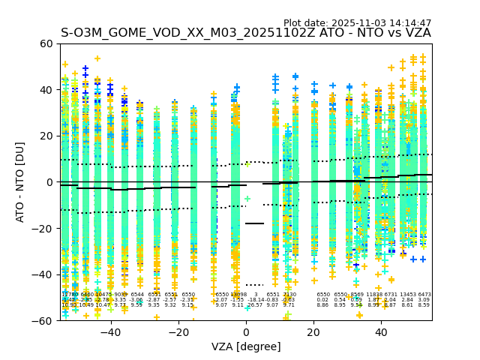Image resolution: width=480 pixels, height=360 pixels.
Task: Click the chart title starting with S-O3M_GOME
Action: pyautogui.click(x=246, y=33)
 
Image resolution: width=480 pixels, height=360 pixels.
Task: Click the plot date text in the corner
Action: pyautogui.click(x=357, y=23)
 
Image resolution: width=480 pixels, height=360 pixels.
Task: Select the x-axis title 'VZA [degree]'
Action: pyautogui.click(x=246, y=346)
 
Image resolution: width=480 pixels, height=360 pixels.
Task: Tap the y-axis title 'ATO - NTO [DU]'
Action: pyautogui.click(x=20, y=182)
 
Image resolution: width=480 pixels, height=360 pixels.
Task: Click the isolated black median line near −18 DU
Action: pyautogui.click(x=255, y=223)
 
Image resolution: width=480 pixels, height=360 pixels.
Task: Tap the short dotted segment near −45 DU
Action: pyautogui.click(x=255, y=285)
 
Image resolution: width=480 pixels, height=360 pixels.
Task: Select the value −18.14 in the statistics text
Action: pyautogui.click(x=256, y=300)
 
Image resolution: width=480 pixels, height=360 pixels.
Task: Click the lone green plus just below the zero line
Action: pyautogui.click(x=247, y=199)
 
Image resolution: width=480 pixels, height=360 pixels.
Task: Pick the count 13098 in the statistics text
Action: pyautogui.click(x=238, y=295)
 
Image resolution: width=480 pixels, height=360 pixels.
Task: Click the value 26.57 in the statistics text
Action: pyautogui.click(x=256, y=305)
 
